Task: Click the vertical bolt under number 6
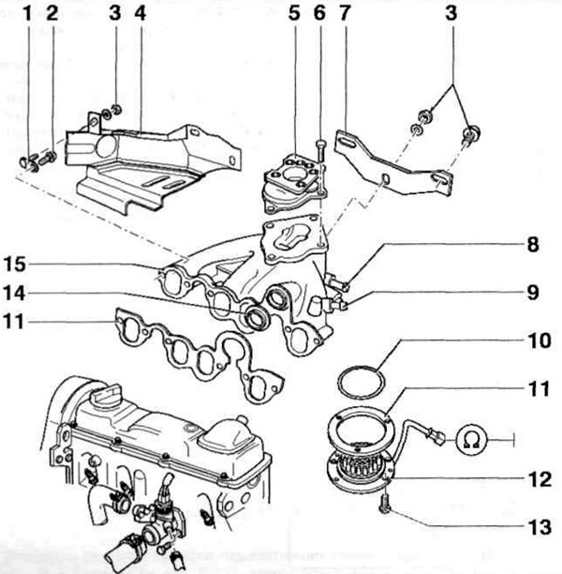pos(320,155)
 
